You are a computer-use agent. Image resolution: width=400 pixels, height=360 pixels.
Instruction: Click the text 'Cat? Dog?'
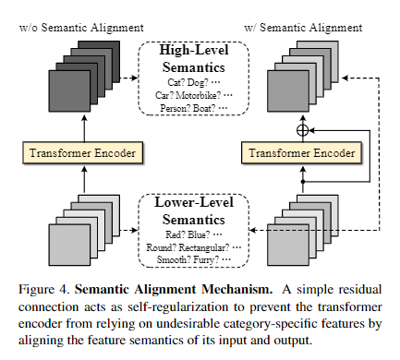coord(181,82)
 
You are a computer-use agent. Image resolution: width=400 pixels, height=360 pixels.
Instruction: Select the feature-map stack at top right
coord(296,74)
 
